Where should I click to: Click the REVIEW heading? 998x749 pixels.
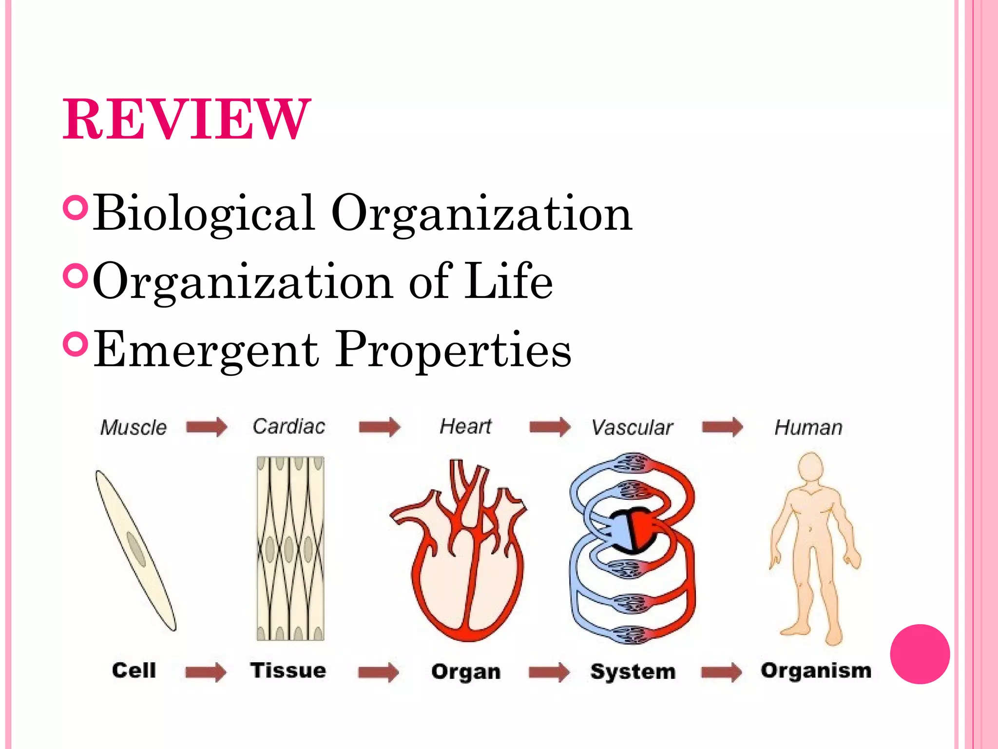(186, 119)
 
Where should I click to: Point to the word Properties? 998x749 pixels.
(454, 350)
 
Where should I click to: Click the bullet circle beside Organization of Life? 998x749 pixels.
(75, 276)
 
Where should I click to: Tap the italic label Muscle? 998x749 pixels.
(134, 428)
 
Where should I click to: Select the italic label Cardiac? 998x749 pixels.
(289, 427)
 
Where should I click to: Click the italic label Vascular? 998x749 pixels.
(632, 428)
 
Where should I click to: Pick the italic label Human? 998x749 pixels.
(808, 428)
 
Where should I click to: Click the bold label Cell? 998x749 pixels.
(134, 670)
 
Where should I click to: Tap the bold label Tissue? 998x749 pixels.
(288, 670)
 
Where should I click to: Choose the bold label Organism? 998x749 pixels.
(816, 670)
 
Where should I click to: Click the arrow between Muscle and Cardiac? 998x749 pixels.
(207, 427)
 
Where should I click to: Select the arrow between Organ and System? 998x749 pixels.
(549, 672)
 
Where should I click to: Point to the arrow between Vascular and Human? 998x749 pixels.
(722, 427)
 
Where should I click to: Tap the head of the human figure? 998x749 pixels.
(810, 466)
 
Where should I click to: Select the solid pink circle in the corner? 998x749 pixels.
(920, 654)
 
